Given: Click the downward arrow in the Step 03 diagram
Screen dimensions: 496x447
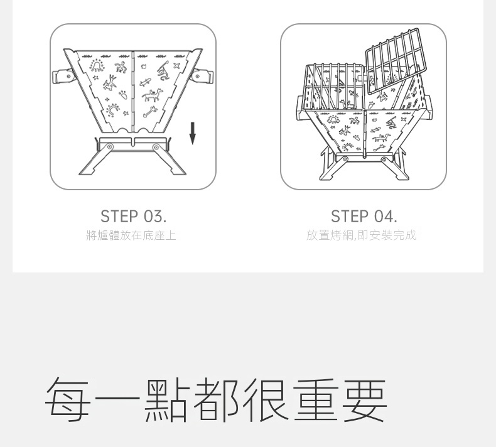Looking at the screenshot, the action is (x=192, y=134).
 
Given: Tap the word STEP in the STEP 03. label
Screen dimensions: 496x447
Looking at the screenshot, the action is (x=119, y=217).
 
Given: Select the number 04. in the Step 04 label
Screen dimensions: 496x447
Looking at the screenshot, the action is (x=385, y=217).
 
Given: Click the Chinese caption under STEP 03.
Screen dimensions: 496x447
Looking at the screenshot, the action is (x=131, y=235).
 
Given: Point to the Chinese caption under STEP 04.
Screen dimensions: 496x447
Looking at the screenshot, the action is (x=361, y=235).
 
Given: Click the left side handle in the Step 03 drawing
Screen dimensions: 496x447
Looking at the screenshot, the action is (x=63, y=77).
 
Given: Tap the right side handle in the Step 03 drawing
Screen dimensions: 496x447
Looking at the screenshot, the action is (x=203, y=77).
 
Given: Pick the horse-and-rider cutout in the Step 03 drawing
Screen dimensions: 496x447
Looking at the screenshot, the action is (x=153, y=95).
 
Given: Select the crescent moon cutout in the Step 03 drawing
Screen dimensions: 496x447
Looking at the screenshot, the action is (x=112, y=110).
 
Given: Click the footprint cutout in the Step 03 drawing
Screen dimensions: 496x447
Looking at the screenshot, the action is (x=124, y=95).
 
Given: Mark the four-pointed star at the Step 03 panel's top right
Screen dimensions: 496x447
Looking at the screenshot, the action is (x=176, y=66).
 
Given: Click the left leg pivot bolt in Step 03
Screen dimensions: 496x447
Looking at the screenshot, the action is (x=109, y=147).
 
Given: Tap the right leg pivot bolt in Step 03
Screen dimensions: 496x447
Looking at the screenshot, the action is (x=156, y=147).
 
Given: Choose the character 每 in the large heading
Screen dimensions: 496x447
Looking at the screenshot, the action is (x=67, y=399).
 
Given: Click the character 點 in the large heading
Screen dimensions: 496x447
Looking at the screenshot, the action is (x=167, y=399).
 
